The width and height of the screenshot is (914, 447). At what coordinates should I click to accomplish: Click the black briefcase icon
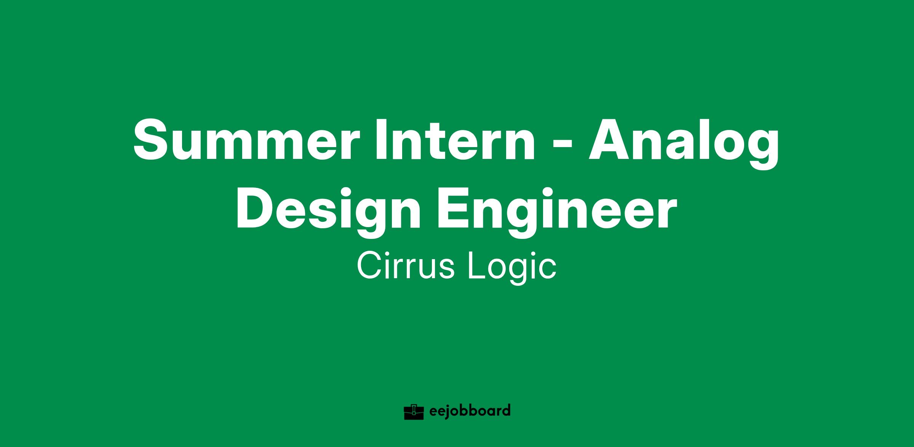pos(414,412)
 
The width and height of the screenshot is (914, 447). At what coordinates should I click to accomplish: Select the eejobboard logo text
pos(470,412)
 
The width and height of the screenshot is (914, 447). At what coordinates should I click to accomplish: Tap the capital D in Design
pos(255,208)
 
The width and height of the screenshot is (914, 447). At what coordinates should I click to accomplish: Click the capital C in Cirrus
pos(369,266)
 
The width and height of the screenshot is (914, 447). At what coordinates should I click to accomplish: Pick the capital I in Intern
pos(380,140)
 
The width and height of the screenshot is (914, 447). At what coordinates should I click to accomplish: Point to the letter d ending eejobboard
pos(505,411)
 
